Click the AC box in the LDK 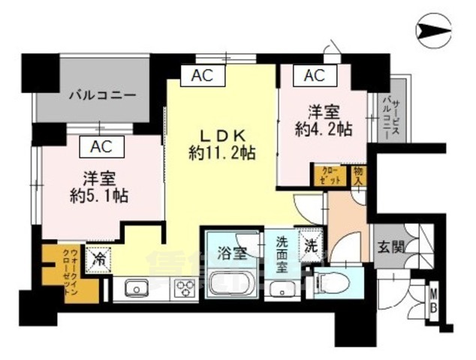click(201, 74)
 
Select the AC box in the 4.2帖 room click(315, 74)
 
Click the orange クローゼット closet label click(330, 175)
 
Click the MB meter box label click(434, 300)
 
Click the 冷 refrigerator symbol click(99, 258)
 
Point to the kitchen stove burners click(185, 286)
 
